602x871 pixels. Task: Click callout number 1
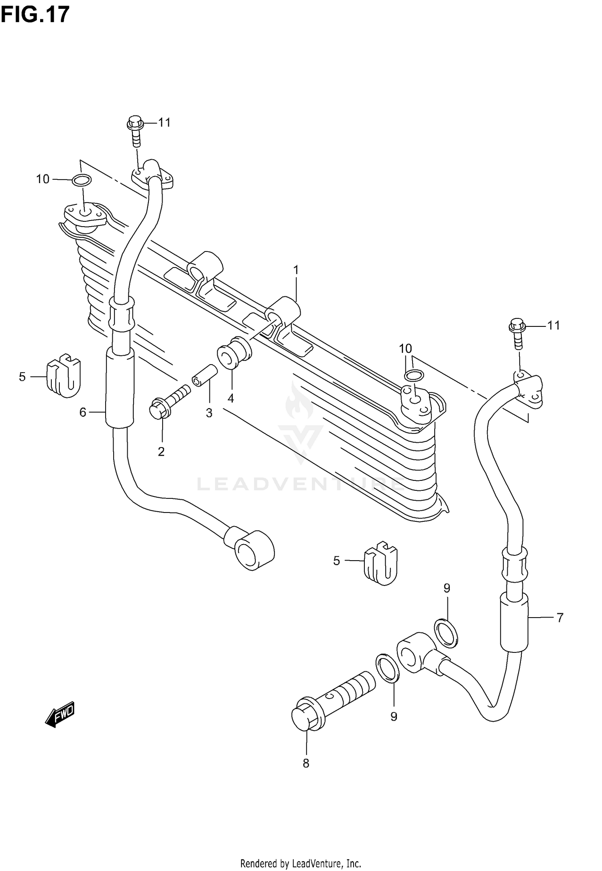(296, 270)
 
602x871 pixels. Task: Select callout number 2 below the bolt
(161, 452)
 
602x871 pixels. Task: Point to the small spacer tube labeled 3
(205, 375)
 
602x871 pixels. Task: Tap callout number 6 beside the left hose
(83, 412)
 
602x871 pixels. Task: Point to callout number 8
(306, 764)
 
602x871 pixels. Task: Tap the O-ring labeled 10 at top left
(81, 180)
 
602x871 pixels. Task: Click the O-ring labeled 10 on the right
(413, 376)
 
